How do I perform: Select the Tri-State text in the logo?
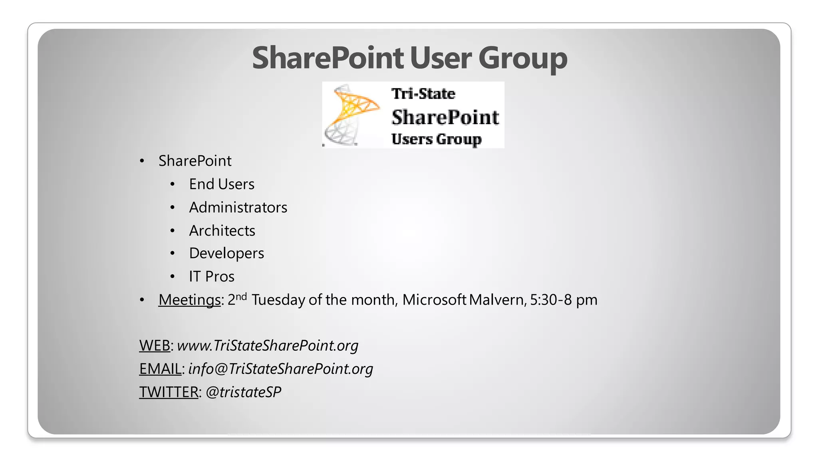pyautogui.click(x=423, y=94)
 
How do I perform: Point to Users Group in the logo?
pyautogui.click(x=436, y=139)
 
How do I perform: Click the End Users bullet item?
pyautogui.click(x=222, y=184)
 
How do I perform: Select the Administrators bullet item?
pyautogui.click(x=238, y=208)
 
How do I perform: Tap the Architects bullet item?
pyautogui.click(x=222, y=231)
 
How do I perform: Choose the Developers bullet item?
pyautogui.click(x=226, y=254)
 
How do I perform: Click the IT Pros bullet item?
pyautogui.click(x=212, y=277)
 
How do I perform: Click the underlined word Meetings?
pyautogui.click(x=189, y=300)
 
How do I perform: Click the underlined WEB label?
pyautogui.click(x=155, y=345)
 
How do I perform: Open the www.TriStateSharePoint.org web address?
pyautogui.click(x=268, y=345)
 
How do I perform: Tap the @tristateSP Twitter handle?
pyautogui.click(x=243, y=392)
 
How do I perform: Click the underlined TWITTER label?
pyautogui.click(x=169, y=392)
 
